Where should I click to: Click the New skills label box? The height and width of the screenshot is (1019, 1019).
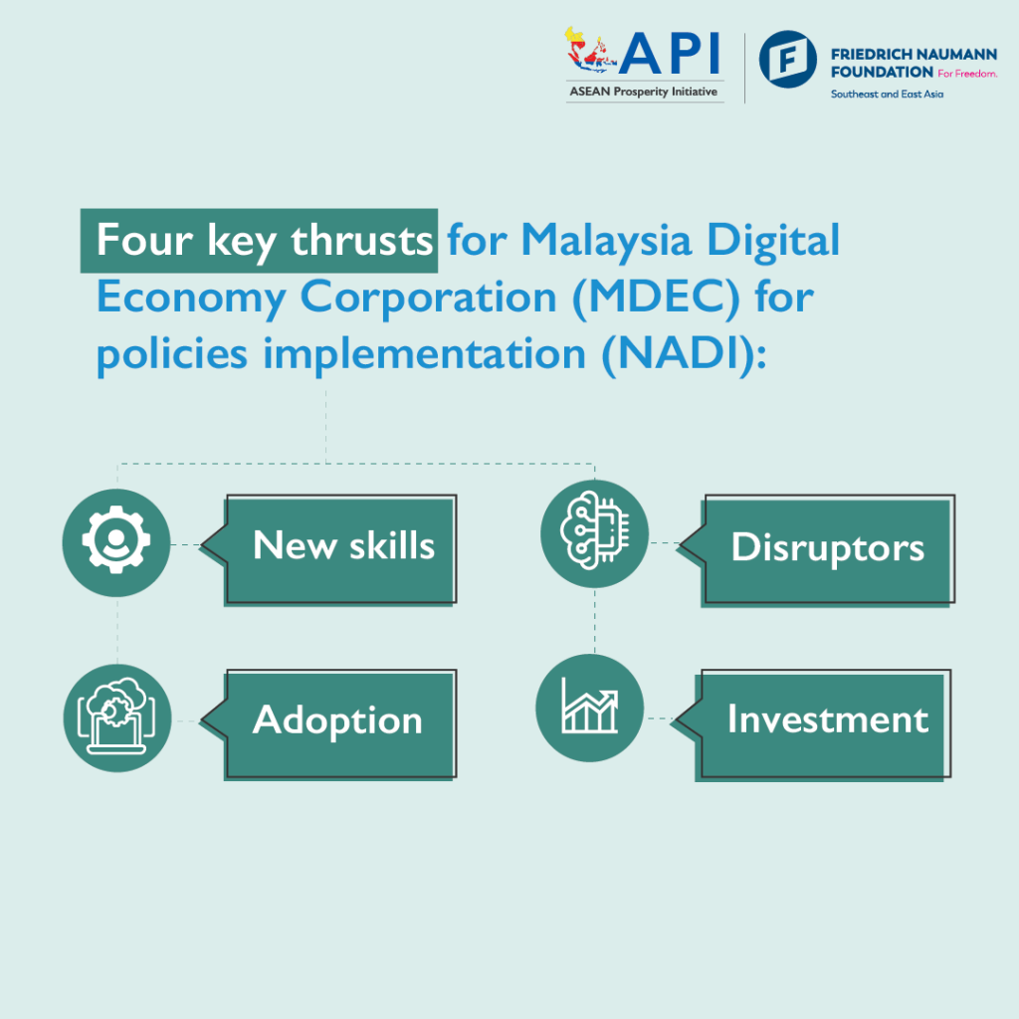coord(341,547)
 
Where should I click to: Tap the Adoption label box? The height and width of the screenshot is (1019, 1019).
coord(339,720)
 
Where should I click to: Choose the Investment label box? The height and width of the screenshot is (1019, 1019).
coord(825,720)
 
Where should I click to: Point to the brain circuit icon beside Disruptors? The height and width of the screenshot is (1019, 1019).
coord(594,533)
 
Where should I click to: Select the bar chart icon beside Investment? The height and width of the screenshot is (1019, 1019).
coord(590,708)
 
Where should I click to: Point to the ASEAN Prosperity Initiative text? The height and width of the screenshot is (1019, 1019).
coord(643,93)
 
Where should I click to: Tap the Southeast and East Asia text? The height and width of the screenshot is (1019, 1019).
coord(887,94)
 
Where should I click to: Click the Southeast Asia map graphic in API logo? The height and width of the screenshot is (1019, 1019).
coord(593,55)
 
